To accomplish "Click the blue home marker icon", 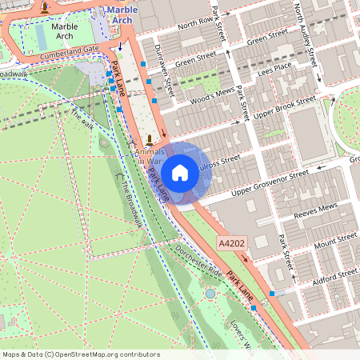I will (180, 172).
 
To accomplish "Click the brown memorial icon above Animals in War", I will (149, 138).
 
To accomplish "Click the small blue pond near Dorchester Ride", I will (210, 294).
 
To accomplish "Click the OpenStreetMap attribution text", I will (81, 354).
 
